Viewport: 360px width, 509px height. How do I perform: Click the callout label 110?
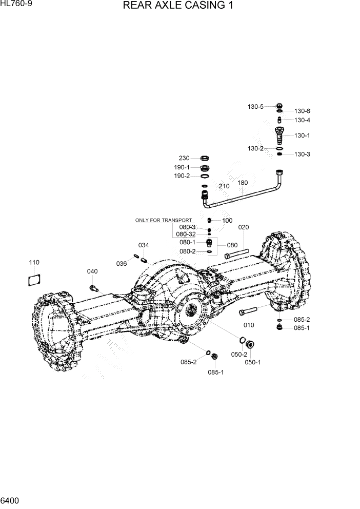click(34, 263)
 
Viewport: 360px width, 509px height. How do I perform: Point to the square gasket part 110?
click(34, 279)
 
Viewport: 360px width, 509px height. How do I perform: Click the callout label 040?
click(92, 271)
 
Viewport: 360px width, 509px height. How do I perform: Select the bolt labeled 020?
click(237, 254)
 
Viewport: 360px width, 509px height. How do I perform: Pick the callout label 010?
click(249, 325)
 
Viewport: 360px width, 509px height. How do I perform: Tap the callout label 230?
click(184, 158)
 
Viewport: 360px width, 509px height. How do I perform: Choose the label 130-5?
click(255, 107)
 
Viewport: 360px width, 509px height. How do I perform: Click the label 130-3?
click(302, 154)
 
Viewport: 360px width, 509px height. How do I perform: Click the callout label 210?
click(224, 186)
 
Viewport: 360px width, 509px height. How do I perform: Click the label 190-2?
click(182, 175)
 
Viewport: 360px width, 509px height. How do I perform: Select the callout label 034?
click(144, 245)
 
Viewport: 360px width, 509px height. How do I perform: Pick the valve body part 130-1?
click(280, 136)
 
